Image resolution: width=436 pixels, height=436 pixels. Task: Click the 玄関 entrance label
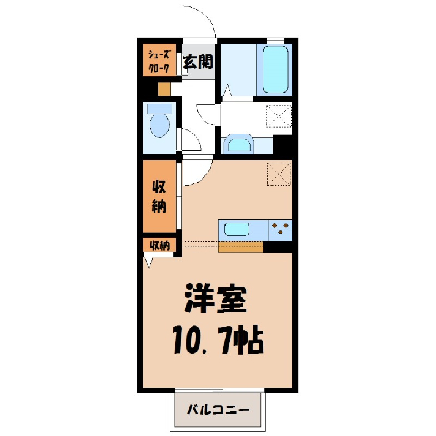(198, 62)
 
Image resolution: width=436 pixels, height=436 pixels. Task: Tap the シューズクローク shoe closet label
(159, 62)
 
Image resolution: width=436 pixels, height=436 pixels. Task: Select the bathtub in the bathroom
(275, 69)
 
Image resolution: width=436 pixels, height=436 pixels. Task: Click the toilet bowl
(160, 125)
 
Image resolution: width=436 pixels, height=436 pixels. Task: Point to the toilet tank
(160, 109)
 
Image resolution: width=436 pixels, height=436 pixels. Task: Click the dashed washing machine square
(279, 116)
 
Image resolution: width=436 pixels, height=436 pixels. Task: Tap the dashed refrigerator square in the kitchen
(279, 173)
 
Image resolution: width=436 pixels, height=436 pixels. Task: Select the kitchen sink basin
(236, 230)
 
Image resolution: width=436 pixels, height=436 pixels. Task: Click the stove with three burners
(281, 230)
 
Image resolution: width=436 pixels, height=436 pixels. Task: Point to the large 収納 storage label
(159, 196)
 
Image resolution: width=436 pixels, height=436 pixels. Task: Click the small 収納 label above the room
(159, 245)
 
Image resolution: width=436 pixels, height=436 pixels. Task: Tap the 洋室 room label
(215, 299)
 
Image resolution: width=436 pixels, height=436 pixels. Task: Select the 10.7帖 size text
(218, 340)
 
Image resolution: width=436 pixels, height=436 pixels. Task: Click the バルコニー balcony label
(218, 410)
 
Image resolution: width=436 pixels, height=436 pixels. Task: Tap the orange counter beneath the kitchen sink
(241, 247)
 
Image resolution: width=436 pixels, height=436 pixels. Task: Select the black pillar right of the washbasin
(283, 145)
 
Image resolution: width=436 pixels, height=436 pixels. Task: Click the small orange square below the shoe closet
(164, 89)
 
